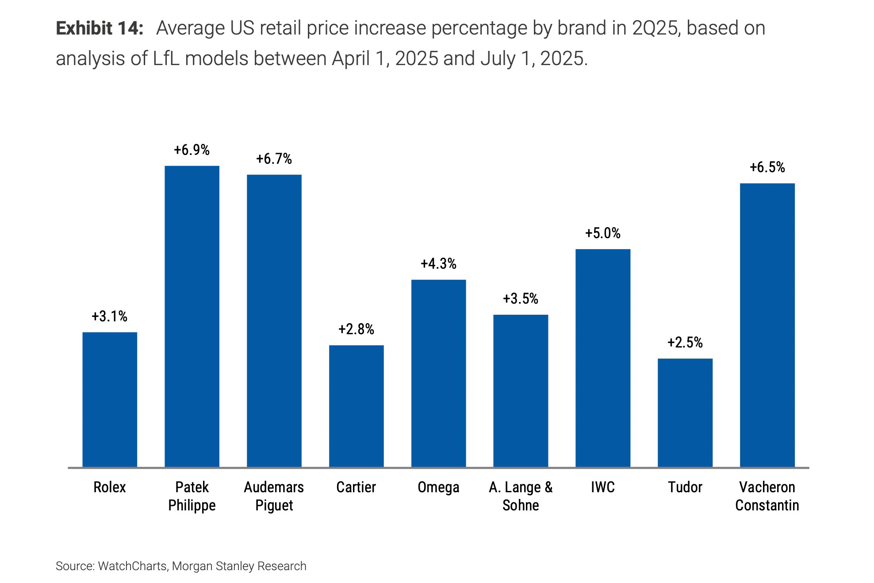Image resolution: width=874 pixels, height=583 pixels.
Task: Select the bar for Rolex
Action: [x=110, y=399]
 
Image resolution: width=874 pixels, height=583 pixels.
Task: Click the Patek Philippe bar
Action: [x=192, y=316]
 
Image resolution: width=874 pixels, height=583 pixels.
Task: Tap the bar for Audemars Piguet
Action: [x=274, y=320]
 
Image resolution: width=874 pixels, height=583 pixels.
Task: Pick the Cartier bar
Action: [x=356, y=406]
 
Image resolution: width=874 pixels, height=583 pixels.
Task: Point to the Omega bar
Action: [x=439, y=373]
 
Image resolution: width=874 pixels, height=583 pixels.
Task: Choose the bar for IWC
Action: [x=603, y=358]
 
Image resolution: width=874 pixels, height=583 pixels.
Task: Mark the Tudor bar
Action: [x=685, y=413]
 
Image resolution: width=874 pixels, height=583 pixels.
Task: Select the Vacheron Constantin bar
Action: [x=767, y=325]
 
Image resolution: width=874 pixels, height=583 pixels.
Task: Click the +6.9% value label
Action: [x=192, y=150]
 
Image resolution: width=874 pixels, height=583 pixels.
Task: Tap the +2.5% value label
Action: [x=685, y=343]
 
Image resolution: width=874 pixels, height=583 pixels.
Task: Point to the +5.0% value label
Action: [x=603, y=233]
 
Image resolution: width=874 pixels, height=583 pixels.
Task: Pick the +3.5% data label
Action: [x=521, y=299]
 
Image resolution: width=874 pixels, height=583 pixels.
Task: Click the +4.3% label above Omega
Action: [x=439, y=264]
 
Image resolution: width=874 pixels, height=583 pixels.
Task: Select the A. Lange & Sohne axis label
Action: [x=521, y=496]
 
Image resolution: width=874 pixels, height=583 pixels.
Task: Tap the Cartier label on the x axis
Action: [x=356, y=487]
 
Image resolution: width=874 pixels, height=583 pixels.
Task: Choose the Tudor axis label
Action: [x=685, y=487]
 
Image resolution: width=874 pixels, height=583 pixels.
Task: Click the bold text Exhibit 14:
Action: [x=100, y=28]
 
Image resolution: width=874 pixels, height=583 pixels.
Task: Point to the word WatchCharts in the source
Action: [x=132, y=566]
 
